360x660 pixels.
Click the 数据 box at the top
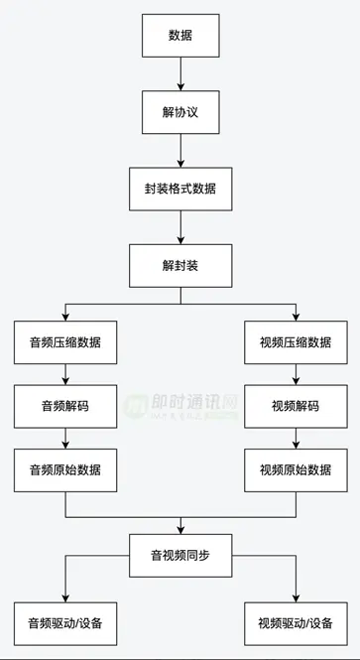[x=180, y=35]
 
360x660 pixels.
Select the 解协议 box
[x=180, y=112]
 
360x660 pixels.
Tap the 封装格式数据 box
[x=180, y=189]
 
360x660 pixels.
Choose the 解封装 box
[x=180, y=265]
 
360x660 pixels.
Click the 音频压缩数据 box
[x=65, y=342]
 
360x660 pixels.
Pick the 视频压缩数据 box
[x=295, y=342]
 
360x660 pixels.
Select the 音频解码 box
[x=65, y=405]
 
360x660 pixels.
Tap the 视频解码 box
[x=295, y=405]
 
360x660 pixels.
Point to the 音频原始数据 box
[x=65, y=468]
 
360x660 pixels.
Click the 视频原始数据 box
[x=295, y=468]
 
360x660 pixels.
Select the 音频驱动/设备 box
[x=65, y=623]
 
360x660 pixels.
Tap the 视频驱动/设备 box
[x=295, y=623]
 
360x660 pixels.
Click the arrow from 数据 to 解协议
[x=180, y=73]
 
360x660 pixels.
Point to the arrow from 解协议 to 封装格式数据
[x=180, y=150]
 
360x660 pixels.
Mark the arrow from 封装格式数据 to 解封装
[x=180, y=226]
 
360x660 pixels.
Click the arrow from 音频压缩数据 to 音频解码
[x=65, y=374]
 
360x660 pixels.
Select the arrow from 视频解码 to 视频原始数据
[x=295, y=437]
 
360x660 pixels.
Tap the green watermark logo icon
[x=135, y=406]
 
